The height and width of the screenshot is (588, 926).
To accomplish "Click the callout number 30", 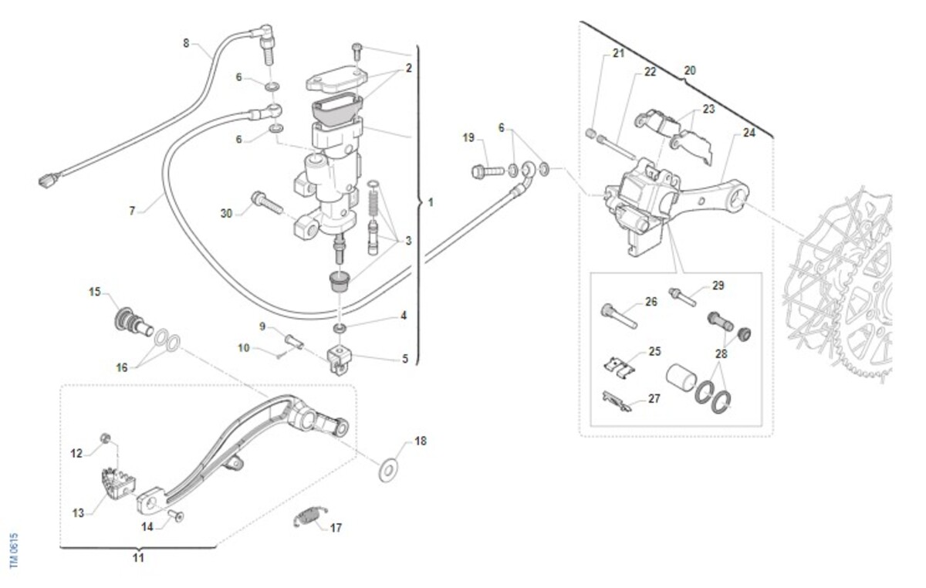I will click(226, 213).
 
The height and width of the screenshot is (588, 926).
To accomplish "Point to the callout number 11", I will click(138, 557).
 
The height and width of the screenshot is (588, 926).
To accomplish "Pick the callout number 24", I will click(749, 133).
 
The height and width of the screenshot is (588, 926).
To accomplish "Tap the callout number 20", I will click(690, 70).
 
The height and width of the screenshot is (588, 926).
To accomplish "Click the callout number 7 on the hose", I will click(132, 210).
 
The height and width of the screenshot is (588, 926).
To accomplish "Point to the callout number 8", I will click(186, 43).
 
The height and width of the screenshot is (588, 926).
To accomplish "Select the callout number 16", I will click(122, 367).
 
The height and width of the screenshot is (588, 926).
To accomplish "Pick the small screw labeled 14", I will click(174, 517).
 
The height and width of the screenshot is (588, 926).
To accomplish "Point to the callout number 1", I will click(430, 202).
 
